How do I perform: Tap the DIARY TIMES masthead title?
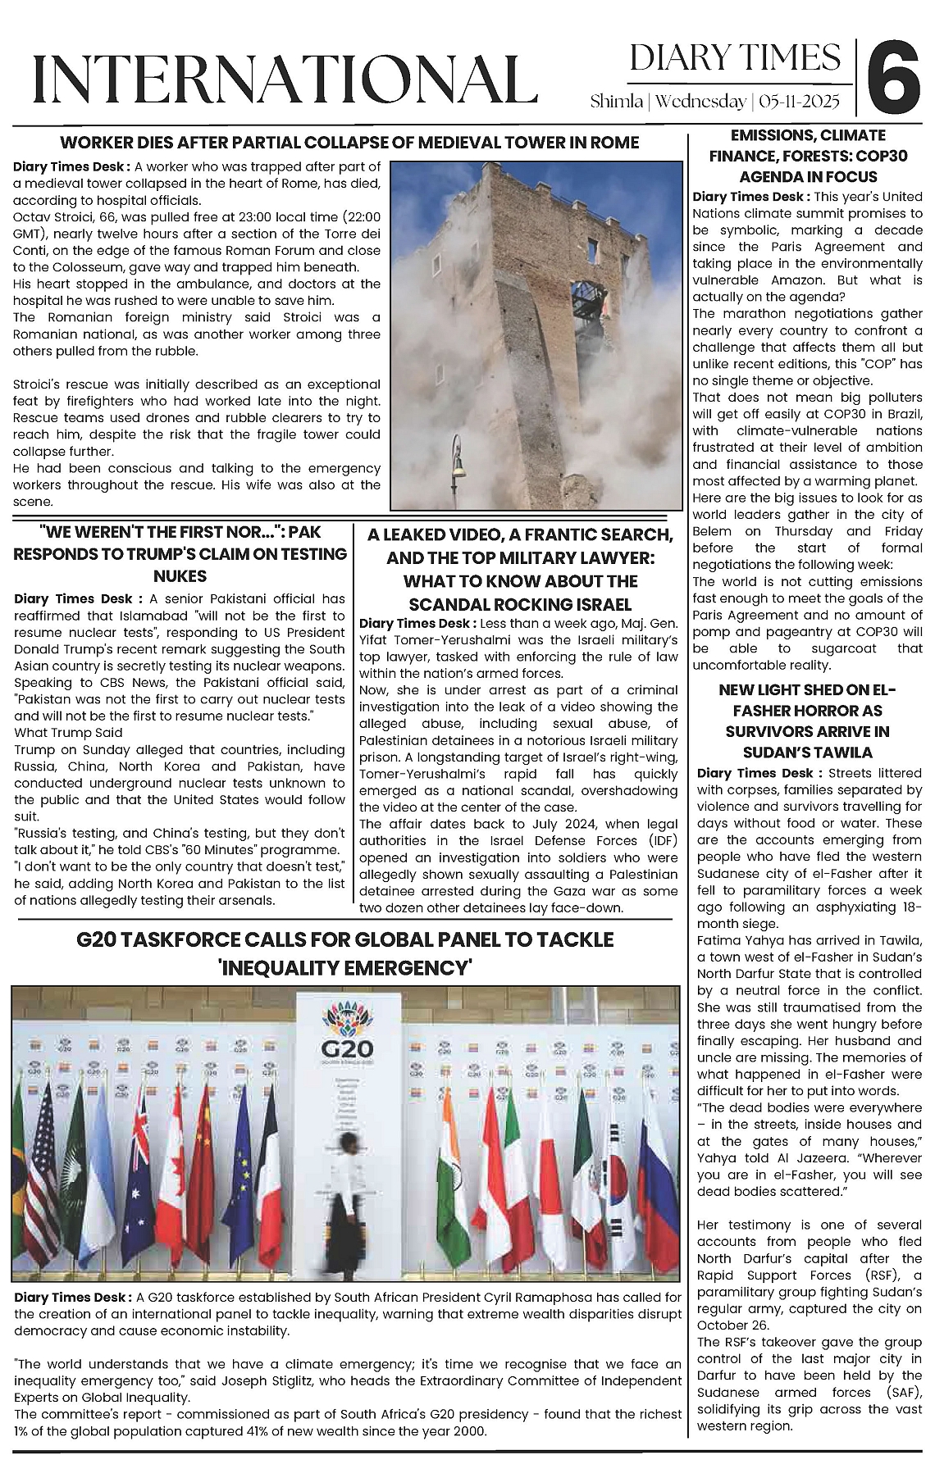(735, 58)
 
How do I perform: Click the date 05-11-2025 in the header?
(800, 102)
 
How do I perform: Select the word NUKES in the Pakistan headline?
(180, 576)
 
